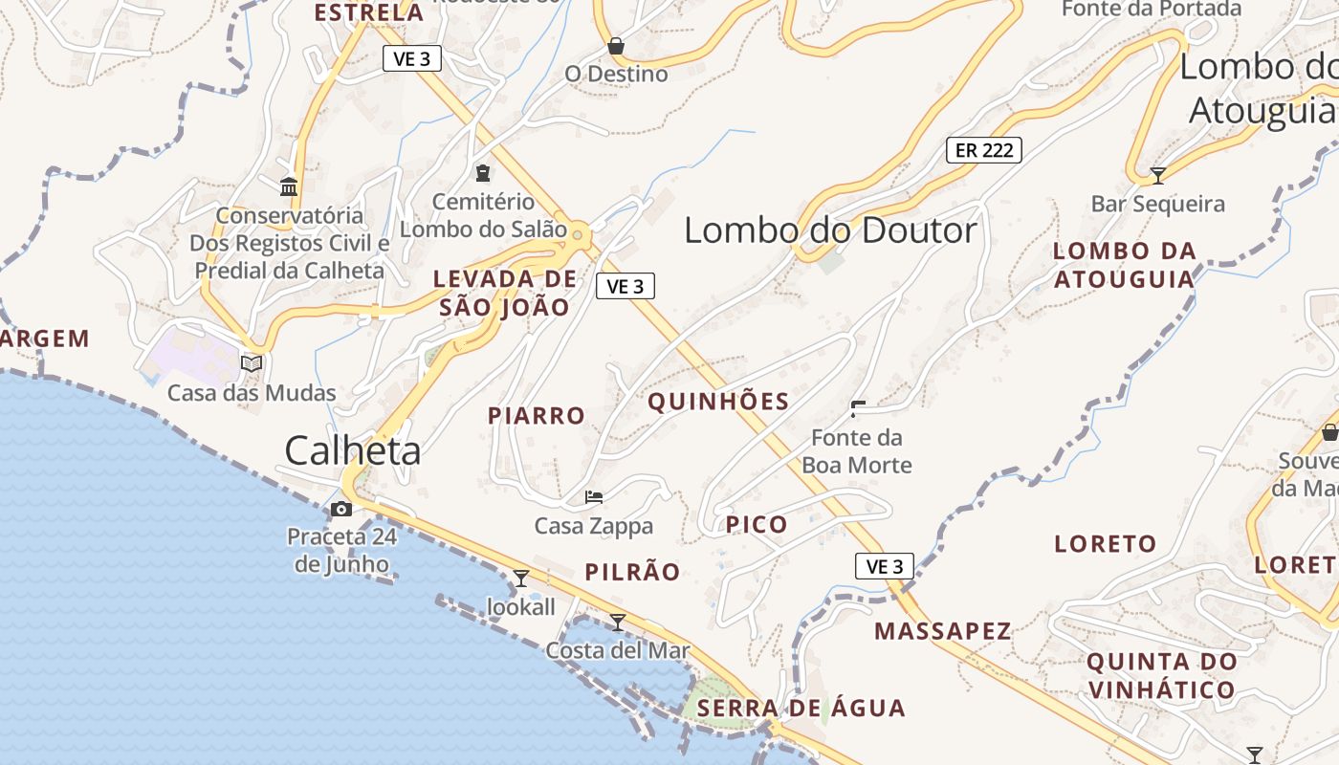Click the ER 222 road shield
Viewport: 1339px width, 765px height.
click(x=984, y=149)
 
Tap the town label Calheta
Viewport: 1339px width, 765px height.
click(x=353, y=450)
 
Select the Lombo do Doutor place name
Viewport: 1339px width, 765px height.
click(x=830, y=230)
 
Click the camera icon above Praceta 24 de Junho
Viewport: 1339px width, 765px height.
click(x=341, y=509)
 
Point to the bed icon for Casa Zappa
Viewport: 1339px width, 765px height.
click(x=594, y=497)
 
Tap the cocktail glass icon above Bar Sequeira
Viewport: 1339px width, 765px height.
click(x=1157, y=175)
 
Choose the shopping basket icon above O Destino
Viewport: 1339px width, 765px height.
click(x=616, y=46)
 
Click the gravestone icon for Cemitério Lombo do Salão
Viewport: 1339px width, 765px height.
click(x=483, y=173)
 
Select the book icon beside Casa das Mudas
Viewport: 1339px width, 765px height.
click(x=252, y=363)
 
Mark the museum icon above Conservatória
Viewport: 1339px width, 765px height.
click(x=289, y=186)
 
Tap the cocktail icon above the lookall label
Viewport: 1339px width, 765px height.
click(x=521, y=578)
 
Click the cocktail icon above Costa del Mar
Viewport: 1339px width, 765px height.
click(x=618, y=622)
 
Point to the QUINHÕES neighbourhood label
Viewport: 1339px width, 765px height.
click(x=718, y=402)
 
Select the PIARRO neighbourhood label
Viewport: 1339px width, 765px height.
click(x=536, y=416)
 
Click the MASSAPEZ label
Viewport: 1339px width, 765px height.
click(x=942, y=631)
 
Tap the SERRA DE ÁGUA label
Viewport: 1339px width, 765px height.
click(x=801, y=709)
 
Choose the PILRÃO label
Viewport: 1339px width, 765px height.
click(x=632, y=573)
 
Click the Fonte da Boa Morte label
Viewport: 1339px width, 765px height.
click(x=856, y=451)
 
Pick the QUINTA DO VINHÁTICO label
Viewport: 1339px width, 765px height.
click(x=1161, y=675)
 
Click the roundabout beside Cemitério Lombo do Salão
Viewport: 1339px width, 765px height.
click(x=578, y=231)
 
